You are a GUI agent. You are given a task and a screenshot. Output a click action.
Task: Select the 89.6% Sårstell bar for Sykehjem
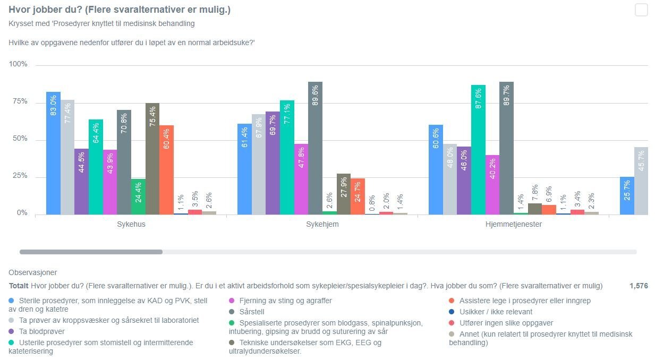point(315,148)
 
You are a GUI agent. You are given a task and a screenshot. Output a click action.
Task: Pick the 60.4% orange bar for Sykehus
point(166,170)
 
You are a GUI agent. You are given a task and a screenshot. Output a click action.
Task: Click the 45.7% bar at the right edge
point(641,181)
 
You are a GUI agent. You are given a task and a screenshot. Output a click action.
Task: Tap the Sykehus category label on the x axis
point(131,224)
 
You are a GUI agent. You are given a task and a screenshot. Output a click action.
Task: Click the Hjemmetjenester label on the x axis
point(514,224)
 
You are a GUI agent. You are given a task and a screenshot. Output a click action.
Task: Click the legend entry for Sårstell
point(252,312)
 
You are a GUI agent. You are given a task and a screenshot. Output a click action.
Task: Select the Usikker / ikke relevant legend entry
point(496,312)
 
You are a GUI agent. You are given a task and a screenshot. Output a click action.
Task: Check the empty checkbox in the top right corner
point(641,10)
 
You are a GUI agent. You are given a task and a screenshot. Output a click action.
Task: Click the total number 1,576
point(639,286)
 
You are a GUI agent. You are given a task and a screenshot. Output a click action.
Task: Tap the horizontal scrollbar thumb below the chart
point(91,252)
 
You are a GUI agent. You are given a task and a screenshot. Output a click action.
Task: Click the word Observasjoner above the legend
point(32,272)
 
